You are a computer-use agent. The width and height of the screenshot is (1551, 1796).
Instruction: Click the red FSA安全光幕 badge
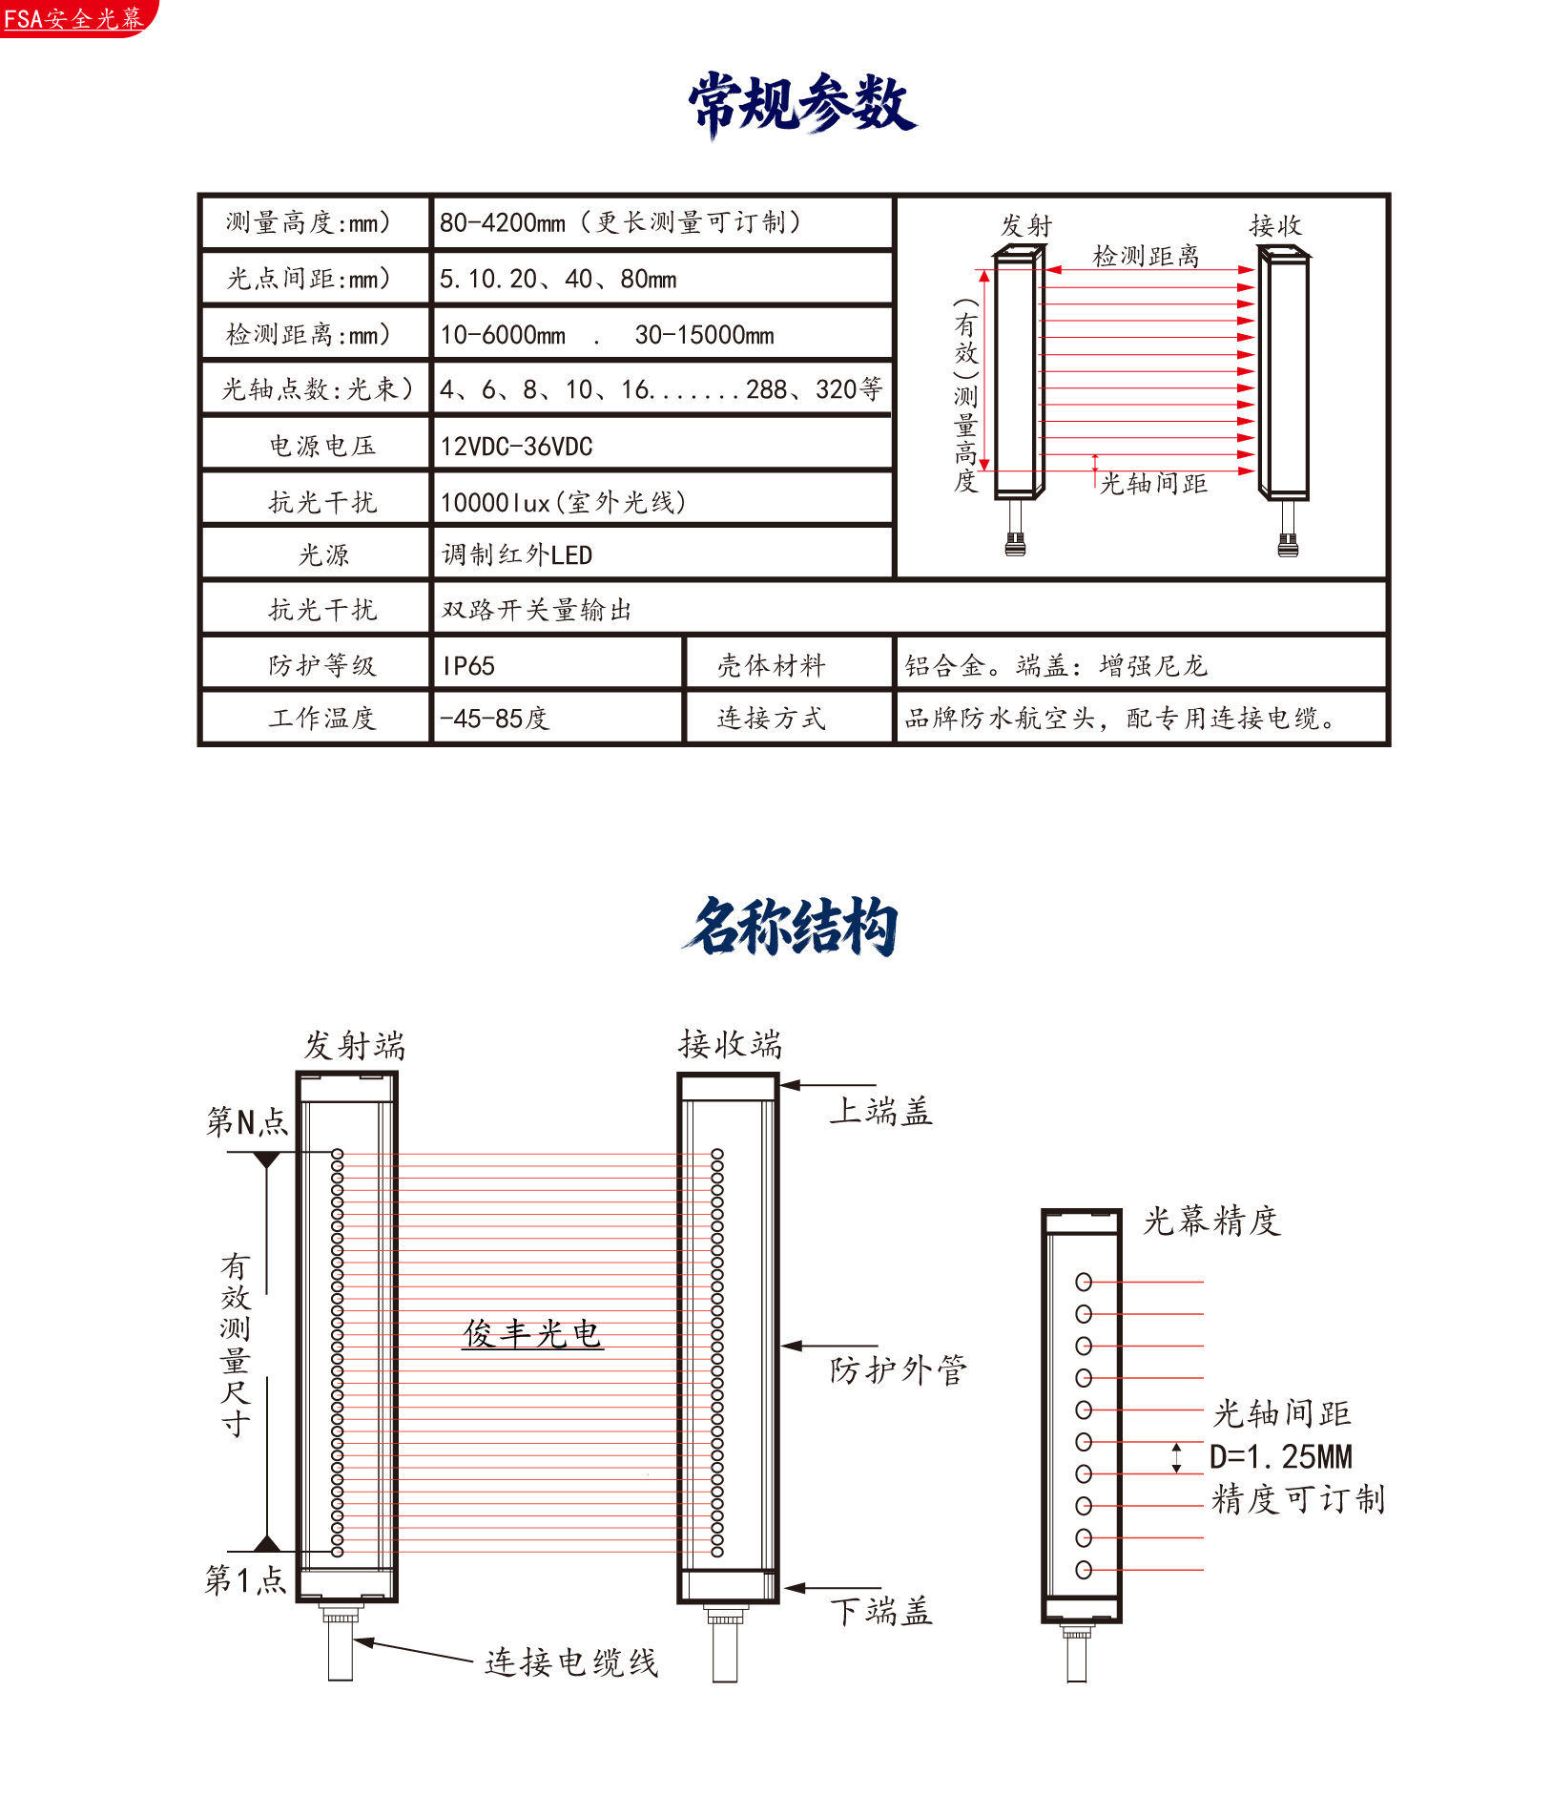tap(76, 18)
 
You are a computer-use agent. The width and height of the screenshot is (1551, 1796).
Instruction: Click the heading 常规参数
tap(802, 103)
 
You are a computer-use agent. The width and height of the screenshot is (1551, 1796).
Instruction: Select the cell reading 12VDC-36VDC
tap(663, 445)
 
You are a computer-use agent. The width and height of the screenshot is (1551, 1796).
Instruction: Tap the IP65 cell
tap(558, 664)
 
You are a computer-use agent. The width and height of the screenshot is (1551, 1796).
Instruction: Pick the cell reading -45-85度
tap(558, 718)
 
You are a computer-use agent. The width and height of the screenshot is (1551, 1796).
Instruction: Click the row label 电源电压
tap(322, 446)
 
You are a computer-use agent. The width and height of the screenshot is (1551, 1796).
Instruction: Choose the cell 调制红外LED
tap(663, 554)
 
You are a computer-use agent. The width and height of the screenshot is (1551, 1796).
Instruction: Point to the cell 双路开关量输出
tap(909, 609)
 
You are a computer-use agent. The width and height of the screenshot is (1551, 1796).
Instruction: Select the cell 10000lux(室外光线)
tap(663, 501)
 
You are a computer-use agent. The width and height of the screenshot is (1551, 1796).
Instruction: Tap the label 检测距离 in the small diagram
tap(1146, 256)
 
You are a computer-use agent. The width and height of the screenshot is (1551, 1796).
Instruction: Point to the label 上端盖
tap(880, 1111)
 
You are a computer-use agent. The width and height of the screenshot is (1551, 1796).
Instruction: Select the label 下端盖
tap(880, 1611)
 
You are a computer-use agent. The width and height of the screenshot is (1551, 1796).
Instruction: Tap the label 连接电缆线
tap(571, 1661)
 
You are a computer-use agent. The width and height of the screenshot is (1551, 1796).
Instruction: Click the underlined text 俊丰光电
tap(532, 1333)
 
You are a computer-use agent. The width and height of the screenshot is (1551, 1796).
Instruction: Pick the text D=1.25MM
tap(1281, 1456)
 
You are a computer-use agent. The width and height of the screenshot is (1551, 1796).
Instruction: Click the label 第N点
tap(247, 1120)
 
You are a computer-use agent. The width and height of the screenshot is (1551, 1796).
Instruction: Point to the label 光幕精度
tap(1211, 1221)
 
